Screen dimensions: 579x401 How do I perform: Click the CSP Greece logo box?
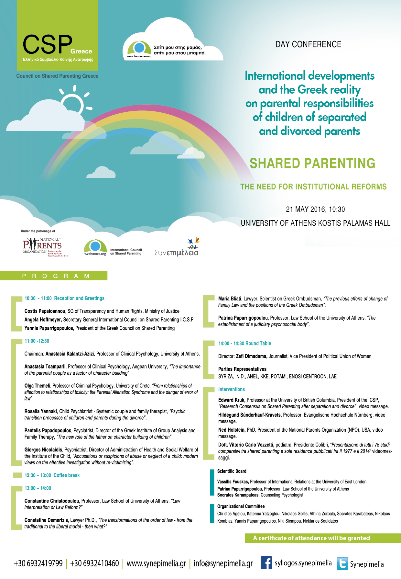pos(58,36)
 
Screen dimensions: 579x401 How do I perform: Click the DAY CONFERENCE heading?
pos(308,44)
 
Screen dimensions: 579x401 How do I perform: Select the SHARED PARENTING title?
pos(312,164)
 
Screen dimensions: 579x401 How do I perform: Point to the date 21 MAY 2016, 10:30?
pos(315,210)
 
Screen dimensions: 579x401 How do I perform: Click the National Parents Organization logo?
pos(43,247)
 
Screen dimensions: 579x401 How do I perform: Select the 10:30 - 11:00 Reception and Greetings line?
pos(64,298)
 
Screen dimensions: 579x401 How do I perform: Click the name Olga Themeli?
pos(38,386)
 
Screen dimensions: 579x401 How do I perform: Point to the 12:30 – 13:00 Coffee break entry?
pos(52,475)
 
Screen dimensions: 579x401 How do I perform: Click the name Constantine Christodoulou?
pos(52,501)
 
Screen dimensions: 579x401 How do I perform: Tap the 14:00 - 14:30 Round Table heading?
pos(244,344)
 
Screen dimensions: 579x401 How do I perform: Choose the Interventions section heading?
pos(232,389)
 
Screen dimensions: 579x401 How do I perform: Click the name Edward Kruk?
pos(232,400)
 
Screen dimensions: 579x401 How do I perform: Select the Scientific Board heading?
pos(232,471)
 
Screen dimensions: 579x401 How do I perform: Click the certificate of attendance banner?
pos(311,538)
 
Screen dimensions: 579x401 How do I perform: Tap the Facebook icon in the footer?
pos(266,563)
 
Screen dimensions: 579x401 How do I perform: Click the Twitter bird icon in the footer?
pos(342,563)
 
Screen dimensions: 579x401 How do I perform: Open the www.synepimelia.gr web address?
pos(156,564)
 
